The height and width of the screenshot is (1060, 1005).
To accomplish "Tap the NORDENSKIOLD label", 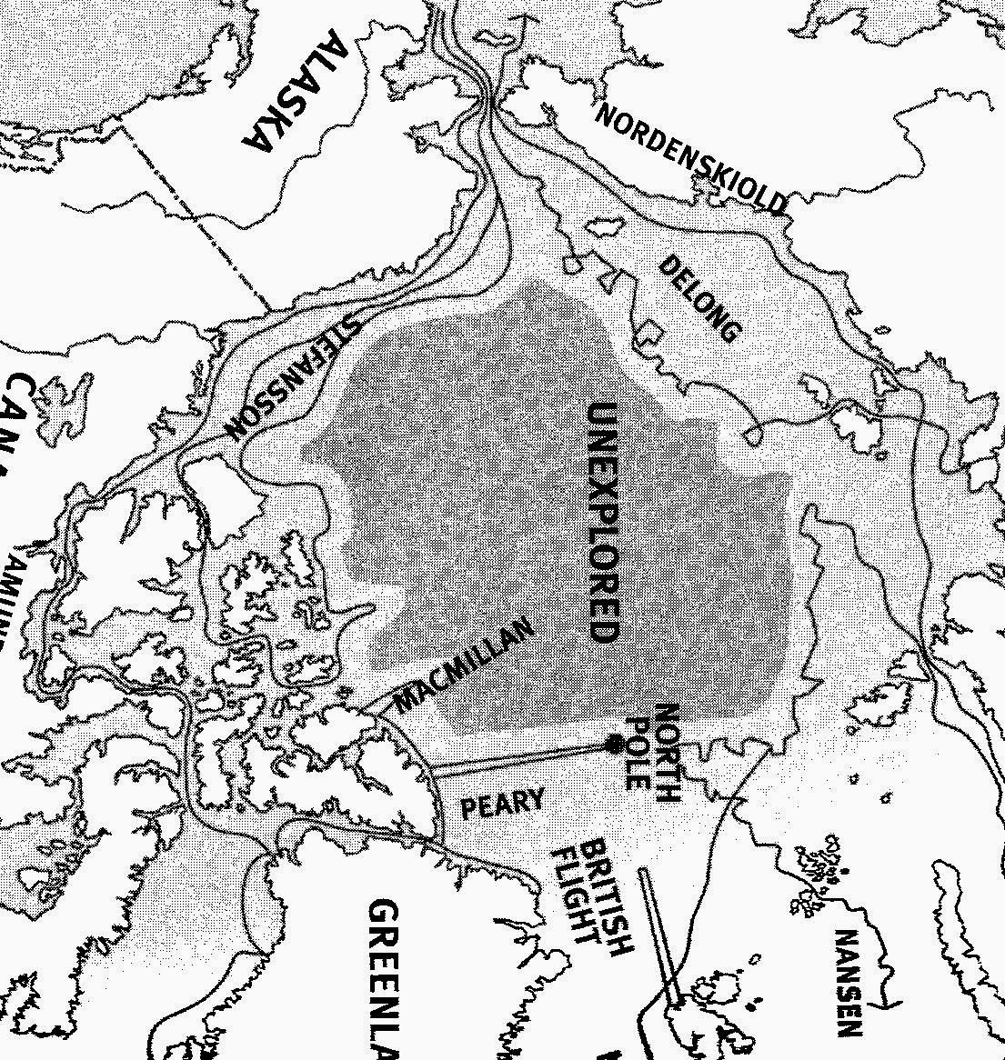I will tap(691, 156).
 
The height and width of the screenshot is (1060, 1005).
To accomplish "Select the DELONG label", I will tap(698, 298).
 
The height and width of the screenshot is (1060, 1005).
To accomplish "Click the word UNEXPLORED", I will tap(603, 522).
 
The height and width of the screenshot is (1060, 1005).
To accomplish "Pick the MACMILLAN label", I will tap(463, 666).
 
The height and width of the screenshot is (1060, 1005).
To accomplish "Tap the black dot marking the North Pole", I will tap(615, 744).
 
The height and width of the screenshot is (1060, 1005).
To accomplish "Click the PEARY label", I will tap(503, 804).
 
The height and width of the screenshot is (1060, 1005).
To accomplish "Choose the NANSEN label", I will tap(848, 983).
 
